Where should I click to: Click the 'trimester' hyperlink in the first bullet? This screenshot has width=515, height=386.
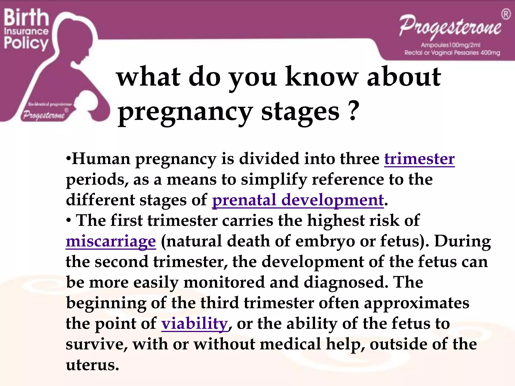419,159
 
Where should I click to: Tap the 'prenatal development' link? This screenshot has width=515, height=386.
298,200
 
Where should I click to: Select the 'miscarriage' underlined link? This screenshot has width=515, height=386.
111,242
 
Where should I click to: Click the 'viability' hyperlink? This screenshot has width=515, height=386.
194,324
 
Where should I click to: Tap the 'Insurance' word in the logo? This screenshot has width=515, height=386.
26,31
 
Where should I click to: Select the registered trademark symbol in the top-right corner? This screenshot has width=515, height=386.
506,14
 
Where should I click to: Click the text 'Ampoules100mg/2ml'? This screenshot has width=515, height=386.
451,45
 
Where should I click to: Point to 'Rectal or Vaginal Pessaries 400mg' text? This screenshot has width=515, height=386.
452,53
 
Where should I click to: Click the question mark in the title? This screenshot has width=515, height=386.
354,112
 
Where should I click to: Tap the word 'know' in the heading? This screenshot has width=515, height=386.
321,77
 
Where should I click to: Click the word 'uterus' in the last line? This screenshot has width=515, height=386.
92,365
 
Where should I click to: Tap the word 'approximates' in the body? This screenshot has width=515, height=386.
416,303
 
